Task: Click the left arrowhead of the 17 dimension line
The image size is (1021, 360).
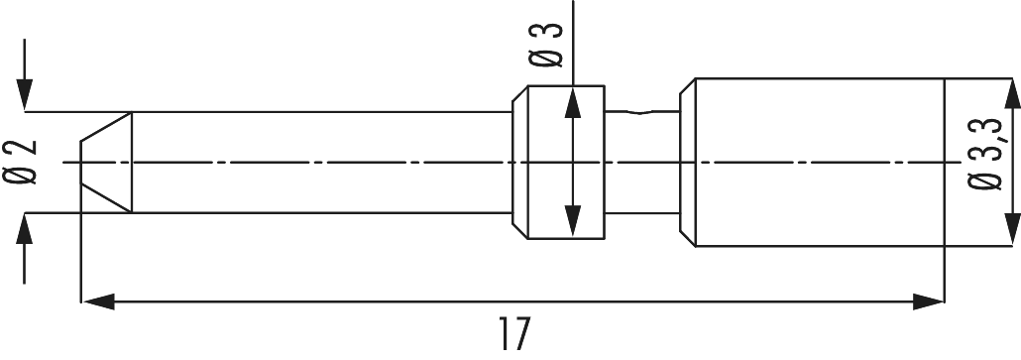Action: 94,298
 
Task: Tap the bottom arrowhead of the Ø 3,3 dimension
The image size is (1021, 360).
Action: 1011,224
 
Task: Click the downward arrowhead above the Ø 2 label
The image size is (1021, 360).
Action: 26,95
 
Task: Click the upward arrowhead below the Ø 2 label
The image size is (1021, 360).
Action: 26,227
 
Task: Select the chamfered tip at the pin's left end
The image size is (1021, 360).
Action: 105,162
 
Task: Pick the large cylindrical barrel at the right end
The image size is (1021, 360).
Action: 818,162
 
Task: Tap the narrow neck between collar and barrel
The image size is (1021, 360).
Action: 641,162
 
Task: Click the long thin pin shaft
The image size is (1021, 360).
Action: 317,162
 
